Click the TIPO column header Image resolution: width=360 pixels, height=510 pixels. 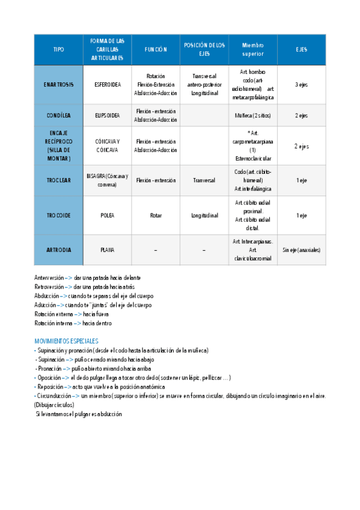[x=58, y=49]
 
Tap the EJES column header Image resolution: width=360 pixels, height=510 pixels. [x=301, y=49]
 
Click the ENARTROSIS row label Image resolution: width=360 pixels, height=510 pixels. [x=59, y=85]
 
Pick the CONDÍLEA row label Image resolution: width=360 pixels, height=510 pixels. [x=59, y=115]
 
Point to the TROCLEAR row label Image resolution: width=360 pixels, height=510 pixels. [x=59, y=180]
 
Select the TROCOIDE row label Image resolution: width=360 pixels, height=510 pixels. [x=59, y=215]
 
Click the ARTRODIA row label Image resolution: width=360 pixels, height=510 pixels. [x=59, y=250]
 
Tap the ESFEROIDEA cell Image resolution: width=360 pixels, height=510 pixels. [x=108, y=85]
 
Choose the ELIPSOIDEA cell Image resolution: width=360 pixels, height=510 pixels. [x=108, y=115]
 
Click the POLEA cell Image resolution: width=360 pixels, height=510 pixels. [x=108, y=215]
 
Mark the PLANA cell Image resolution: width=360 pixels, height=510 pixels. [x=108, y=250]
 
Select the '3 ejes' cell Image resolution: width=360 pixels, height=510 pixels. [x=301, y=85]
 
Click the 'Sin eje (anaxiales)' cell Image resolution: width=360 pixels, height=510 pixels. [x=301, y=250]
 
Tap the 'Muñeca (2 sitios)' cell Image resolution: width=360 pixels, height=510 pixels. [x=252, y=115]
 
